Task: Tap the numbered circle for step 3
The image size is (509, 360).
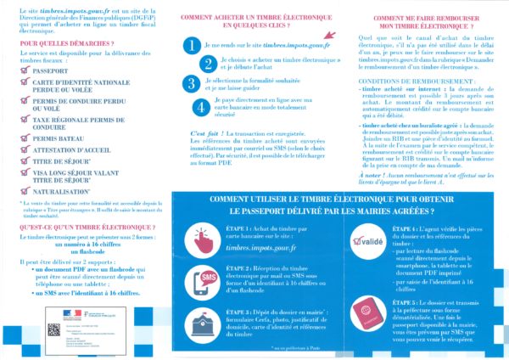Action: (194, 83)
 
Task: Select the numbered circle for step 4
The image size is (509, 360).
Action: (199, 108)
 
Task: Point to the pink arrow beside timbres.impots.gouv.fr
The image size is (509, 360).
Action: (331, 36)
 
